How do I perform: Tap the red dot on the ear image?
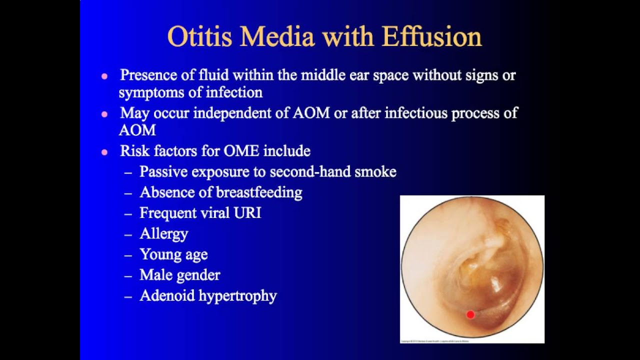(x=470, y=314)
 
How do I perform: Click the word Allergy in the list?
(x=163, y=233)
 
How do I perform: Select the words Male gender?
(x=179, y=275)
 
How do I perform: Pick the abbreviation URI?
(x=247, y=213)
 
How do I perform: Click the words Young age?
(x=173, y=254)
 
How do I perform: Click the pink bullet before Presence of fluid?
(x=104, y=76)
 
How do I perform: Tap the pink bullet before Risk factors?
(x=104, y=152)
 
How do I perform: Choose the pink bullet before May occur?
(x=104, y=114)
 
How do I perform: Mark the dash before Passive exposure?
(x=128, y=172)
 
